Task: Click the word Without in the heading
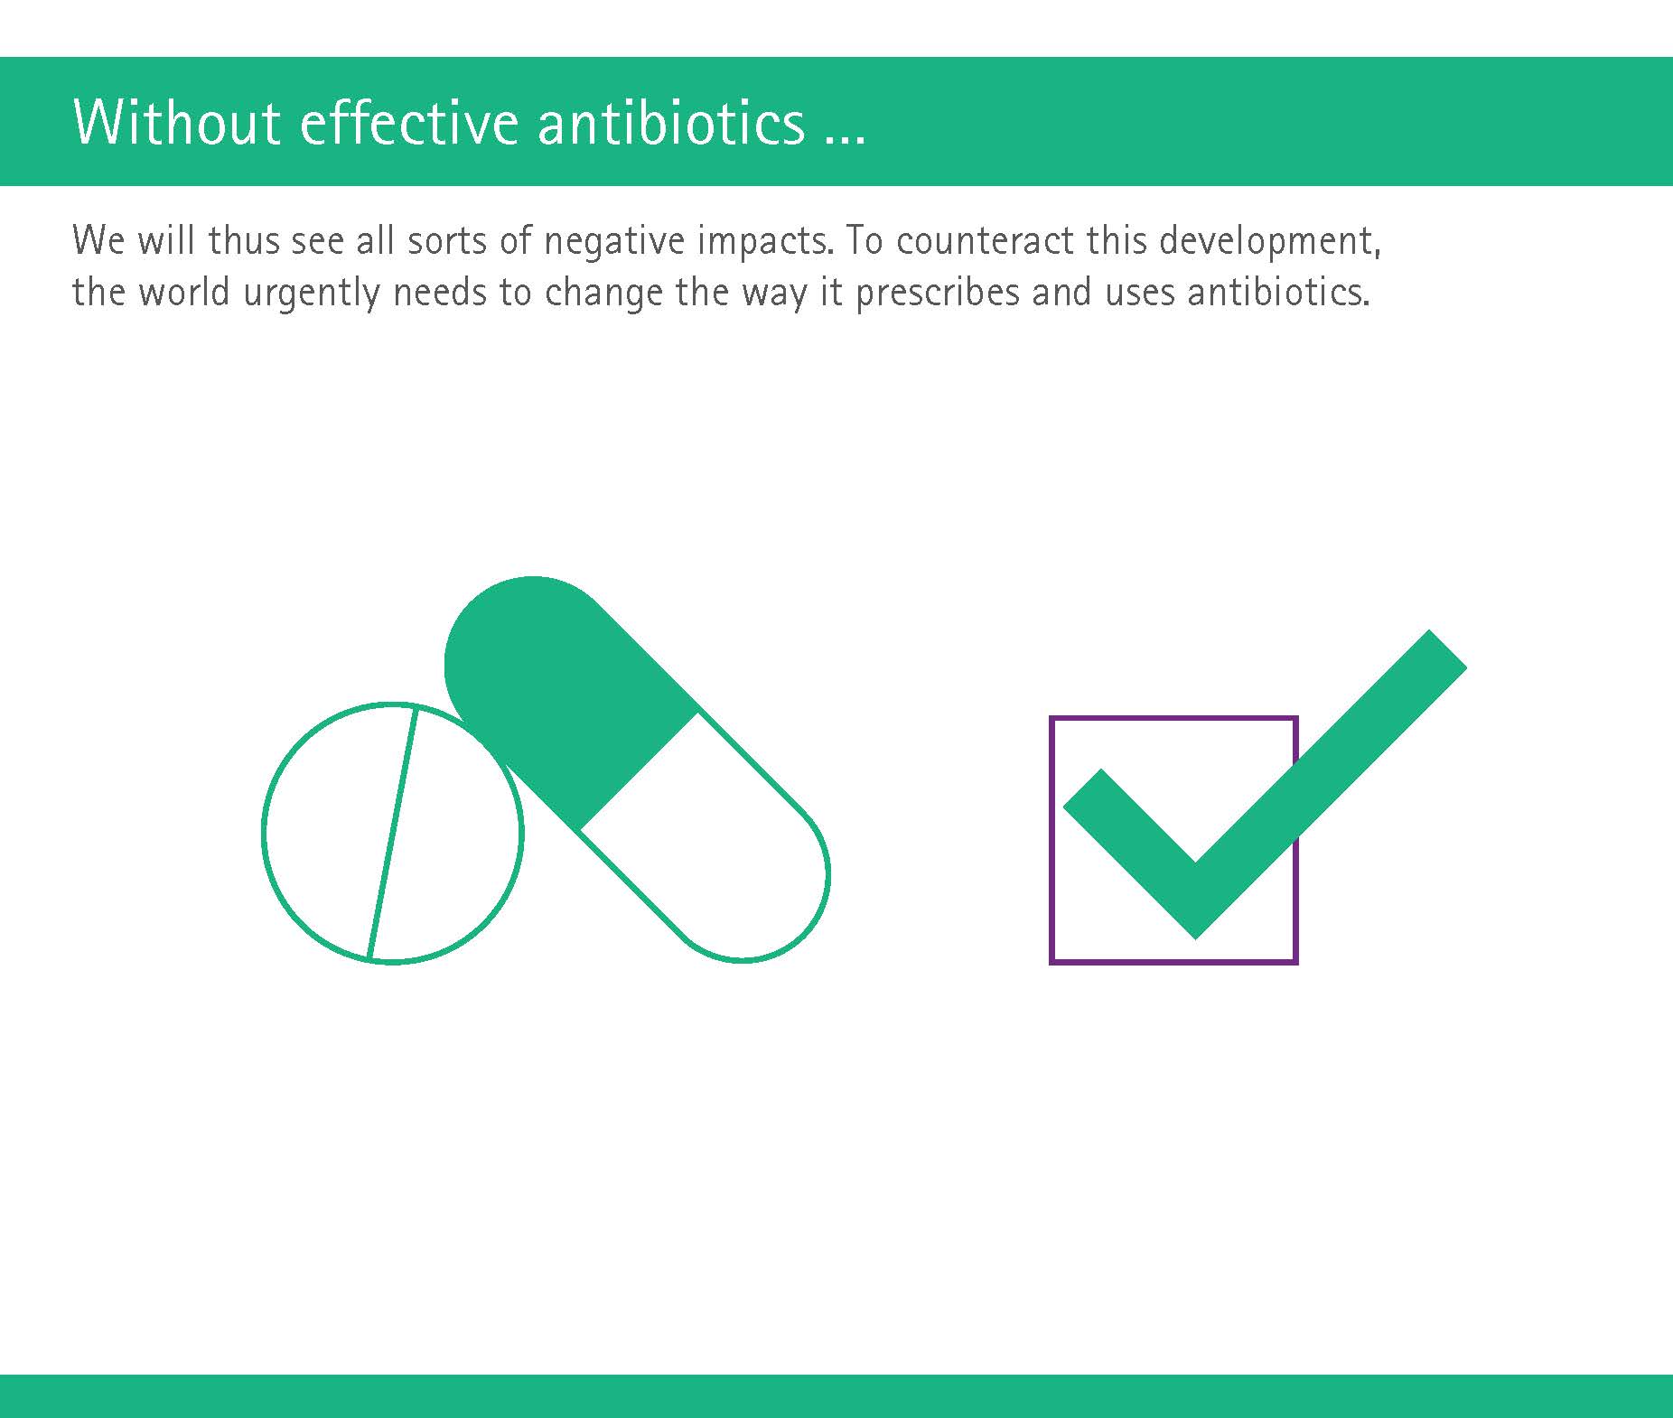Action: [176, 121]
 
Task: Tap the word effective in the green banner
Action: [409, 121]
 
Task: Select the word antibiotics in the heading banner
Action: [671, 121]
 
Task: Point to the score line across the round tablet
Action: [391, 833]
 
